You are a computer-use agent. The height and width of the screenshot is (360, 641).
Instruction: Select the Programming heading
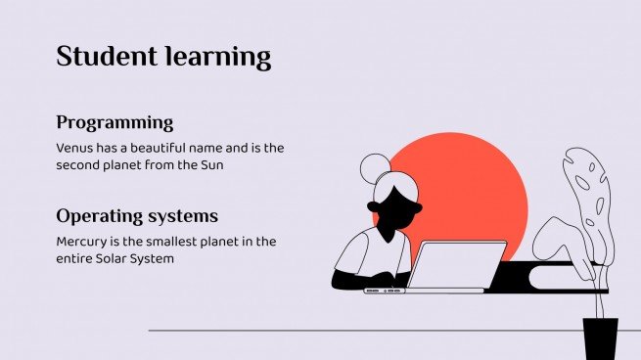[x=114, y=123]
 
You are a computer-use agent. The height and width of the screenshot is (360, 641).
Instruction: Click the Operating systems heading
[x=137, y=216]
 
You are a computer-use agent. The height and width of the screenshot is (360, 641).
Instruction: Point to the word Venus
[x=75, y=148]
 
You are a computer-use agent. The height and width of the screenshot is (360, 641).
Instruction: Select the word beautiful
[x=156, y=148]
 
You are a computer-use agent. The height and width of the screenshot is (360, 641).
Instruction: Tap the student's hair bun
[x=374, y=169]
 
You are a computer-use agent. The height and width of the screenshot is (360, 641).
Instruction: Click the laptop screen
[x=458, y=264]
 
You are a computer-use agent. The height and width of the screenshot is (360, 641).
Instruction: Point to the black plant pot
[x=600, y=337]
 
